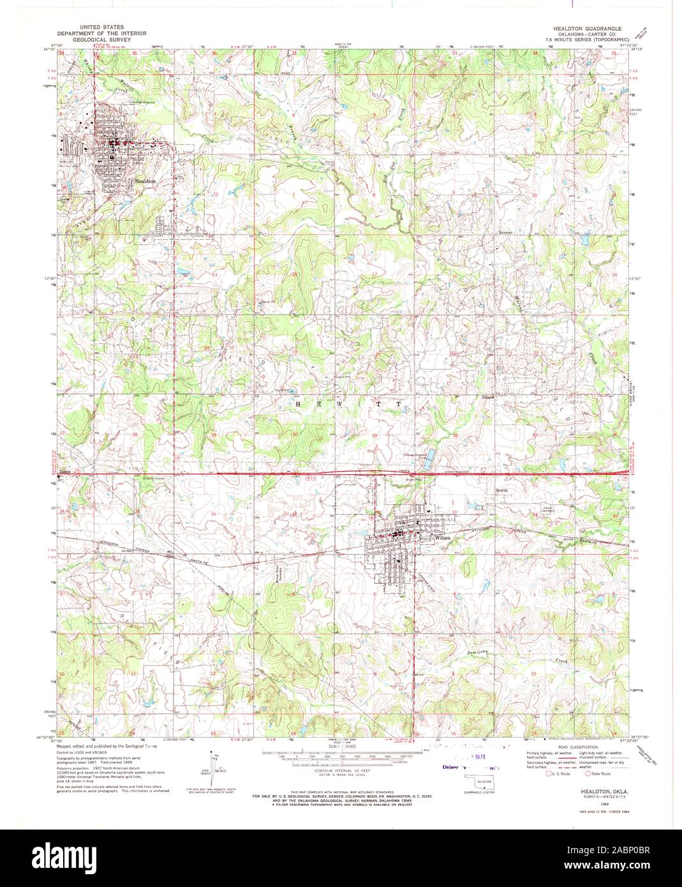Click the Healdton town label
tap(145, 181)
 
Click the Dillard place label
tap(488, 396)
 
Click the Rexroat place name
tap(506, 234)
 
